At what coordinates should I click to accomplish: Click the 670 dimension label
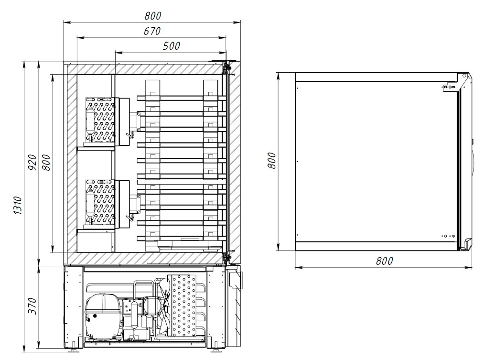[x=152, y=31]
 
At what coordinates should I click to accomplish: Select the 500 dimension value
[x=172, y=46]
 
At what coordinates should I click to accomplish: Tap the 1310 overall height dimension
[x=17, y=205]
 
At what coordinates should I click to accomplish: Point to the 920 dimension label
[x=32, y=163]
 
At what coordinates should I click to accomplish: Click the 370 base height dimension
[x=32, y=306]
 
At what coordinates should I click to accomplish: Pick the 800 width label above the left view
[x=153, y=16]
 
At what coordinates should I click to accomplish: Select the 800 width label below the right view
[x=384, y=261]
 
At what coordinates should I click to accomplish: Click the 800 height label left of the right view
[x=272, y=160]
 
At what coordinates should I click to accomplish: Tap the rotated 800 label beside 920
[x=46, y=163]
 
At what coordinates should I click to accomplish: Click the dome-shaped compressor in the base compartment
[x=102, y=316]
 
